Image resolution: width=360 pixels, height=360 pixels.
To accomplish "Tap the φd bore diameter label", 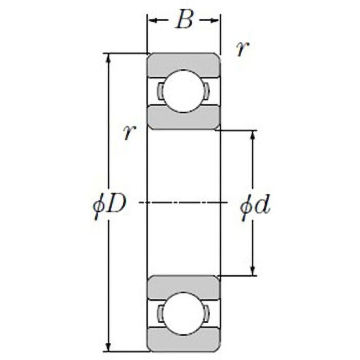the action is tap(255, 206).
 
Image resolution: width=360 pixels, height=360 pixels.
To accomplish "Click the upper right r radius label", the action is tap(243, 49).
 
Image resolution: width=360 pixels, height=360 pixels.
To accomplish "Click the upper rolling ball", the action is tap(184, 91).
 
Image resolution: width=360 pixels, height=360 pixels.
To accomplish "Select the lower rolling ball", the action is tap(184, 313).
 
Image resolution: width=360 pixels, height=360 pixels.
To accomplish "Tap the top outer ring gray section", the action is tap(184, 64).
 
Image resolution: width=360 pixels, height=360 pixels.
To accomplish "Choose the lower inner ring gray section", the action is tap(184, 287).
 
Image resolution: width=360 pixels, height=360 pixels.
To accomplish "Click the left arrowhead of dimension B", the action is tap(153, 21).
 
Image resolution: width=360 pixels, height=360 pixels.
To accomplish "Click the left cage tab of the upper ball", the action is tap(160, 91).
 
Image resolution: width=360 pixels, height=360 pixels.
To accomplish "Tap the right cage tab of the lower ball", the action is tap(207, 313).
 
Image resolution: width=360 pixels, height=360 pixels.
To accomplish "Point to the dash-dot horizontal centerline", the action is tap(183, 202).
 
